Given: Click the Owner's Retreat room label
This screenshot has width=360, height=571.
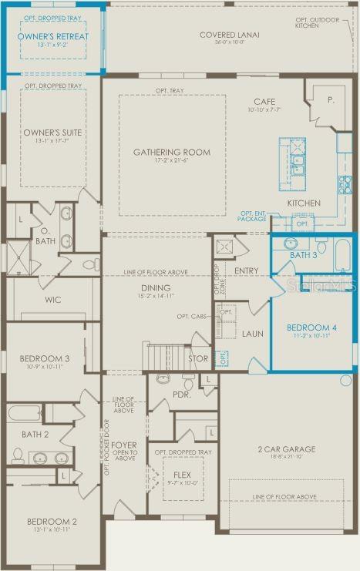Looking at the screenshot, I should coord(53,36).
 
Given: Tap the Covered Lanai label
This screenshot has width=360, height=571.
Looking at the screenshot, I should coord(229,35).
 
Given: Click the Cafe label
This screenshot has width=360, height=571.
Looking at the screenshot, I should coord(264,102).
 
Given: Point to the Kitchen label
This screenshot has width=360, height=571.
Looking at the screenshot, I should coord(304,203).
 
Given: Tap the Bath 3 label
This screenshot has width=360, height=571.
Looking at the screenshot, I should coord(303,255).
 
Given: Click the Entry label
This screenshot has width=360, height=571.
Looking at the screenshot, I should coord(247,270).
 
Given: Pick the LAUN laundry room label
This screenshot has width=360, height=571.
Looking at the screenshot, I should coord(253,334).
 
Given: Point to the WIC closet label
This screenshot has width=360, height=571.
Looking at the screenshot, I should coord(53,300).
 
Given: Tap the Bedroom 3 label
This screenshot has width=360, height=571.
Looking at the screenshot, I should coord(45,360).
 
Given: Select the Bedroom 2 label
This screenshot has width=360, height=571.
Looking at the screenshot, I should coord(52,522).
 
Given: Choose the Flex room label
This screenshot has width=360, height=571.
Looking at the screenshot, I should coord(183,475).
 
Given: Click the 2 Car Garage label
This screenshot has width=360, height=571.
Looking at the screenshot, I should coord(286,449).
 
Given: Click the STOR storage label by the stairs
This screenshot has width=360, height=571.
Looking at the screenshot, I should coord(198,358).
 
